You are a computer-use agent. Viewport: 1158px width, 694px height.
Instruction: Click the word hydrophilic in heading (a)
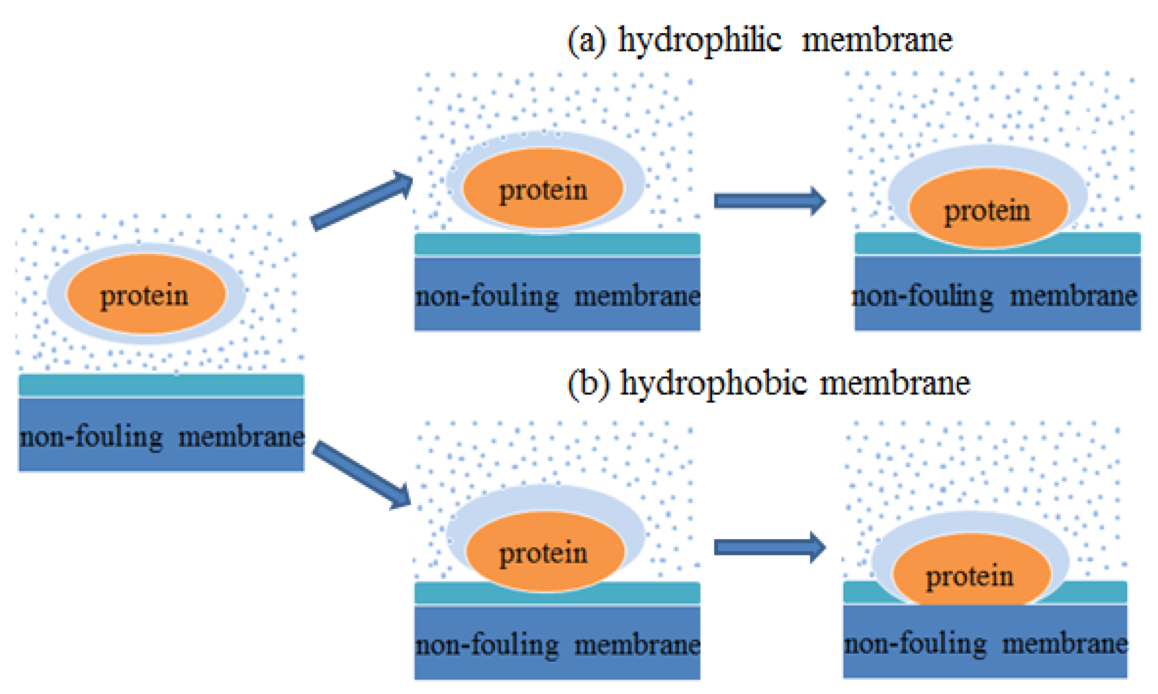pyautogui.click(x=700, y=40)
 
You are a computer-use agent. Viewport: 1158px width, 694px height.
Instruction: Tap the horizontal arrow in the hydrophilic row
pyautogui.click(x=769, y=201)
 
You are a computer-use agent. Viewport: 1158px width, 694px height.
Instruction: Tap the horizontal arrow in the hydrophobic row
pyautogui.click(x=769, y=547)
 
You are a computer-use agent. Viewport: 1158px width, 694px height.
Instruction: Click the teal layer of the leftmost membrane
pyautogui.click(x=161, y=385)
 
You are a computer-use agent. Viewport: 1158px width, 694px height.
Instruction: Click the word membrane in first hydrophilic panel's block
pyautogui.click(x=637, y=296)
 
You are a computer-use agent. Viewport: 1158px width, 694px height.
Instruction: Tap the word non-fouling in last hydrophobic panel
pyautogui.click(x=916, y=644)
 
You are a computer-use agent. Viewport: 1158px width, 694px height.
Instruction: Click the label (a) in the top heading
pyautogui.click(x=587, y=41)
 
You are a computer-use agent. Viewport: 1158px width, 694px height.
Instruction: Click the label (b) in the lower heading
pyautogui.click(x=588, y=384)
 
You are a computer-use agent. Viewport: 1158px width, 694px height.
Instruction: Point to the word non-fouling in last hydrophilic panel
pyautogui.click(x=922, y=296)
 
